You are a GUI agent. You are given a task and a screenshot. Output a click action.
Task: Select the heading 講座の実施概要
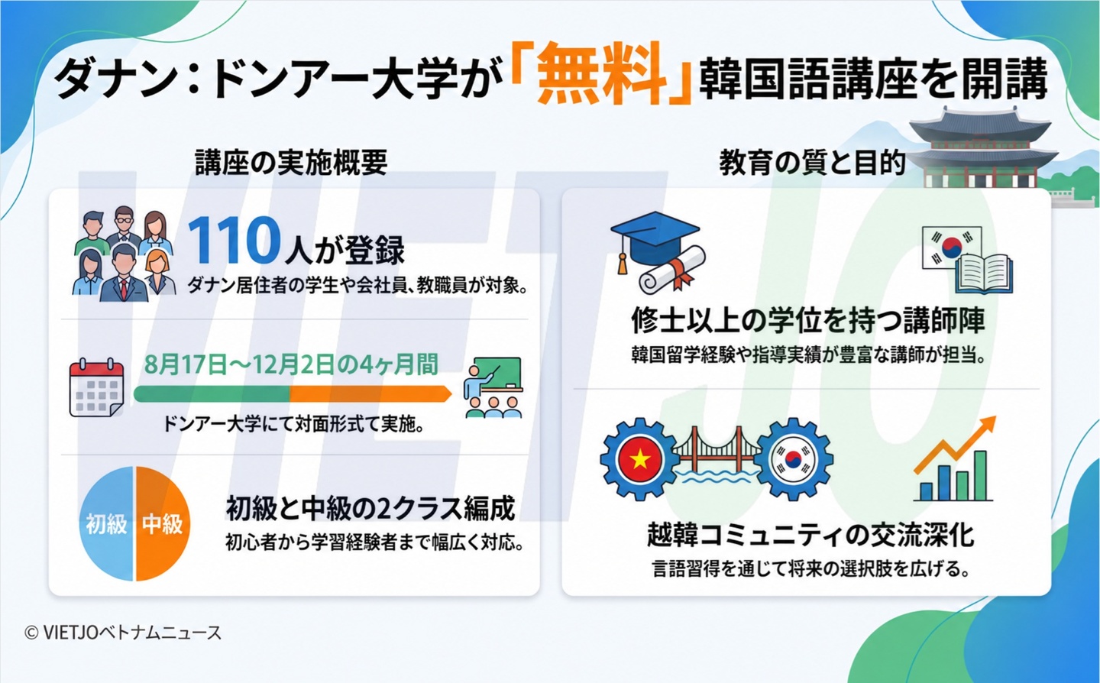291,163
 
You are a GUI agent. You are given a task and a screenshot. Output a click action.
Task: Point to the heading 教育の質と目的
812,163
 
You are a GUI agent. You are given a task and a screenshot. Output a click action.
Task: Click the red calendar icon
97,388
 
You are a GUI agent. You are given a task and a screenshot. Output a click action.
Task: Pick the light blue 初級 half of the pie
106,523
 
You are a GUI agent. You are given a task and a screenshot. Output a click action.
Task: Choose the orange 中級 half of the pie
163,523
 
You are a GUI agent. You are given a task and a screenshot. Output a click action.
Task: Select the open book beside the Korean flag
984,274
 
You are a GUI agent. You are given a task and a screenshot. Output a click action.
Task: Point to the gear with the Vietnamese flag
639,459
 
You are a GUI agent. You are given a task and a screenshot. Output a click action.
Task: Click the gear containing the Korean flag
793,459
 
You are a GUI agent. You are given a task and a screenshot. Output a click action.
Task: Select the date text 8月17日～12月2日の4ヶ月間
291,365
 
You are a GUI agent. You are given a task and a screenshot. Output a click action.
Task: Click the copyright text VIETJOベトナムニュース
123,633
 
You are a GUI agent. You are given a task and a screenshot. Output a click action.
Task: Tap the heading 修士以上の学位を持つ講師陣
808,320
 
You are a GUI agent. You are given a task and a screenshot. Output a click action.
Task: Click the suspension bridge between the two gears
717,457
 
